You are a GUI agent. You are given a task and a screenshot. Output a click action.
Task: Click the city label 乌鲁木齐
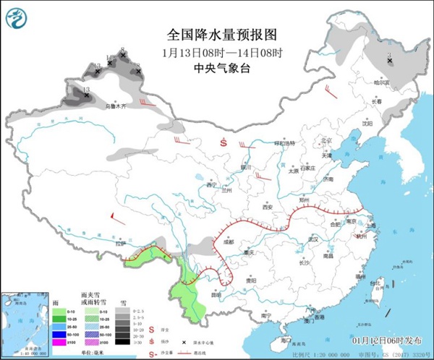(x=115, y=106)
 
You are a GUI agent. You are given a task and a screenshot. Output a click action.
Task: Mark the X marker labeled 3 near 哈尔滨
(x=390, y=61)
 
